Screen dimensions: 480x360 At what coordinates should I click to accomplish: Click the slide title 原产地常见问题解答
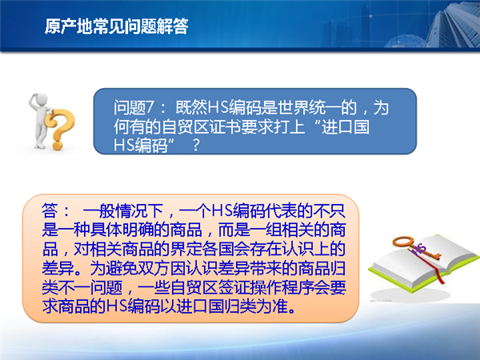116,26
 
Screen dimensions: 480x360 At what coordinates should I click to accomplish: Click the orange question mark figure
59,129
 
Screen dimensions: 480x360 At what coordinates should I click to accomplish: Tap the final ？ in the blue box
196,146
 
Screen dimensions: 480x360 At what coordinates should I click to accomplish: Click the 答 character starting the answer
50,210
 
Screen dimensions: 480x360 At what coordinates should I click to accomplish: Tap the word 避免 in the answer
122,268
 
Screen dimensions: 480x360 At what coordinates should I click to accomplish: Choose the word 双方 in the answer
154,268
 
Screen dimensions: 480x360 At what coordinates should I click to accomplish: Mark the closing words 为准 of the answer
273,306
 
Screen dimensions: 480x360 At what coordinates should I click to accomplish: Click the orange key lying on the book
416,247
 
